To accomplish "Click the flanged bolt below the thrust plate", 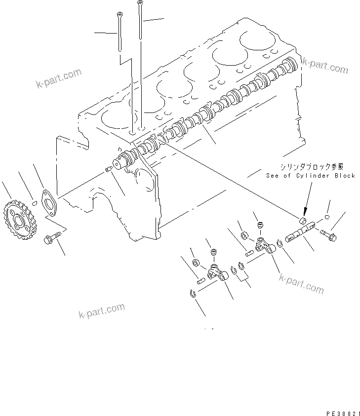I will click(x=50, y=239).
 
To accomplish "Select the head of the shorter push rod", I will click(x=119, y=15).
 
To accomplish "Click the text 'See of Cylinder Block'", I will click(x=310, y=176).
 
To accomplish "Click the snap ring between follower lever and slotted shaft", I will click(x=280, y=242).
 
